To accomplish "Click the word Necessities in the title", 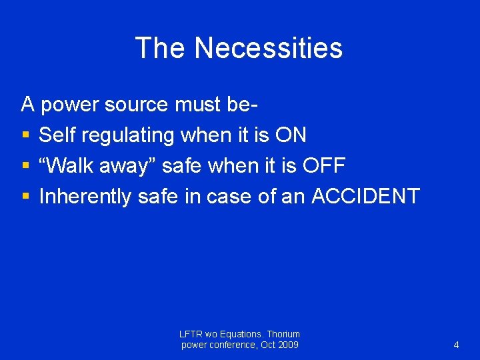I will click(268, 48).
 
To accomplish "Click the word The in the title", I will click(160, 48).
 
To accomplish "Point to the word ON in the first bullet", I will click(291, 135).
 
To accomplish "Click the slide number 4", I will click(456, 345).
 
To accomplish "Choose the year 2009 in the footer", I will click(287, 345).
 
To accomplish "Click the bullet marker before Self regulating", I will click(25, 135).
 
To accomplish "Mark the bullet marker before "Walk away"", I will click(25, 165).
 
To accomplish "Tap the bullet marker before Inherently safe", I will click(25, 196).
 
